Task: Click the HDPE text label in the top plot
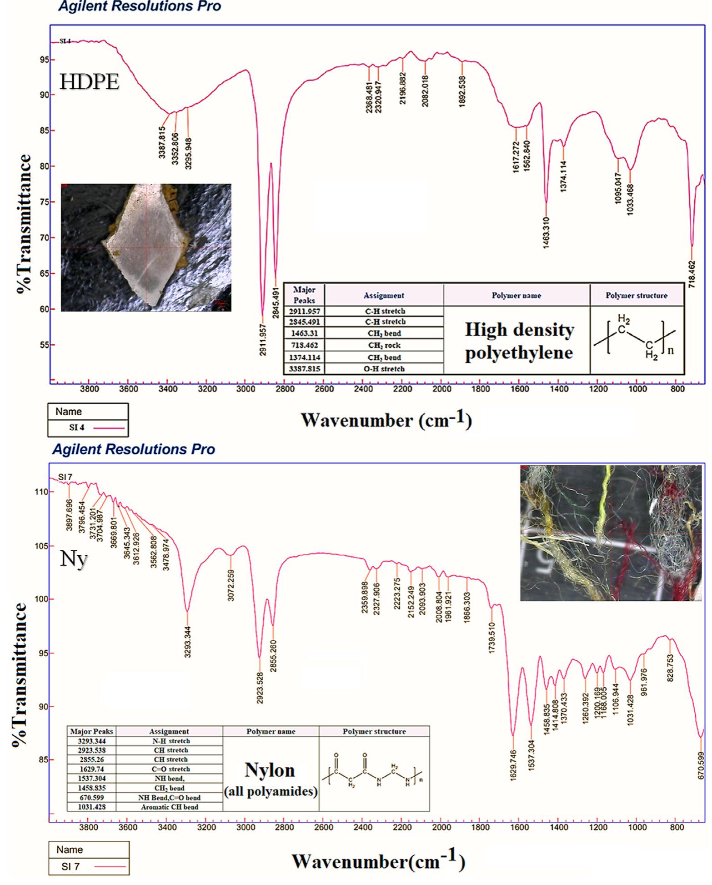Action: click(x=90, y=82)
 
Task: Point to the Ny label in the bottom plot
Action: click(x=73, y=559)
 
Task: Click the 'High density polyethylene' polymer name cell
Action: click(x=519, y=341)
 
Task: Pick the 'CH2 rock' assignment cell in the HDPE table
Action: click(x=384, y=345)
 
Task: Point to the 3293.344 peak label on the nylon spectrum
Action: click(x=187, y=642)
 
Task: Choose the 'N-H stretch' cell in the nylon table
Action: click(x=169, y=741)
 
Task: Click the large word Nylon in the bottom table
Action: click(x=270, y=770)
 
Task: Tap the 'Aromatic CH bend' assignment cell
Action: click(x=169, y=807)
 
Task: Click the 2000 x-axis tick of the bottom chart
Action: click(x=441, y=827)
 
